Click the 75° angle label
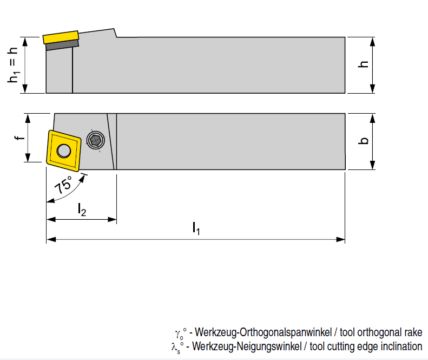pyautogui.click(x=63, y=185)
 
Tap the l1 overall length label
pyautogui.click(x=196, y=229)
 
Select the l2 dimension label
pyautogui.click(x=81, y=210)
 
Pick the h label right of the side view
pyautogui.click(x=364, y=64)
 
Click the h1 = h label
pyautogui.click(x=12, y=64)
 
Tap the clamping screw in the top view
pyautogui.click(x=96, y=141)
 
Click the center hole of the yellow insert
pyautogui.click(x=64, y=150)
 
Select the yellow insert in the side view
pyautogui.click(x=61, y=36)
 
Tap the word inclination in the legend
pyautogui.click(x=400, y=346)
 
